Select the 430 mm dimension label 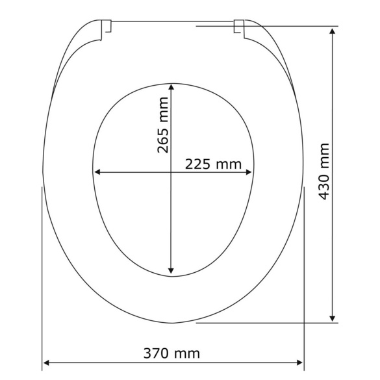tap(325, 172)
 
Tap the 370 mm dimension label tap(171, 353)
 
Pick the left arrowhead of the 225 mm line tap(98, 172)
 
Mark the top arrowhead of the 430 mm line tap(333, 31)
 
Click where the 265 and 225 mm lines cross tap(171, 172)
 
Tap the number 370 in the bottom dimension tap(157, 353)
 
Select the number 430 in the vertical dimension tap(325, 185)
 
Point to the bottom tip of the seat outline tap(173, 323)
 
